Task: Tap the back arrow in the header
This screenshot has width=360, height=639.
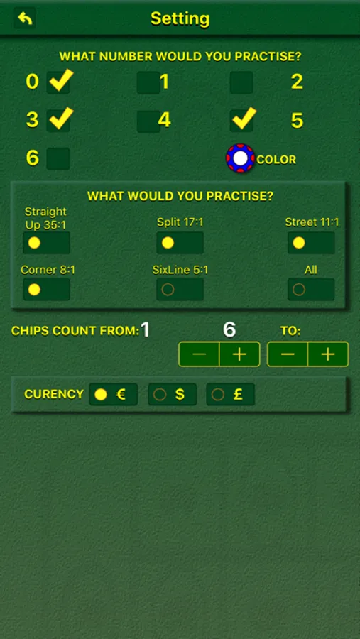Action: tap(25, 18)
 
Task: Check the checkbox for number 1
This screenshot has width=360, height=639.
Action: tap(148, 82)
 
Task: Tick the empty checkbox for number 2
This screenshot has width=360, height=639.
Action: tap(241, 82)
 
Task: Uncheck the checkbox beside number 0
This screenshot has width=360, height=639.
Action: tap(58, 82)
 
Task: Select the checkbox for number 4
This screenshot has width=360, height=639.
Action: tap(148, 121)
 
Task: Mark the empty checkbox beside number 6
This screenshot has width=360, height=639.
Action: tap(58, 159)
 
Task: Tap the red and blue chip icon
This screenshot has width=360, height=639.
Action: tap(241, 158)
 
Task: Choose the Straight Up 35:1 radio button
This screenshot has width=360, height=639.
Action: tap(46, 243)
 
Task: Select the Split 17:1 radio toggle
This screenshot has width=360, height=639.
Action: tap(180, 243)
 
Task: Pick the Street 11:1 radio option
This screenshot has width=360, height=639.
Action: tap(311, 243)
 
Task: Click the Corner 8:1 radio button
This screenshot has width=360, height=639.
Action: tap(46, 290)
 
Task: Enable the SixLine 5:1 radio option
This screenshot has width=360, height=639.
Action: tap(180, 290)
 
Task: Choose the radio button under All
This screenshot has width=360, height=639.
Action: tap(311, 290)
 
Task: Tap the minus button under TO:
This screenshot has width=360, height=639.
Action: tap(288, 354)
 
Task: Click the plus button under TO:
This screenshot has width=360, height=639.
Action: tap(328, 354)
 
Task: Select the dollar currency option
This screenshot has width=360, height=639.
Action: tap(173, 395)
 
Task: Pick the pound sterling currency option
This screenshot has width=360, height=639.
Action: tap(230, 395)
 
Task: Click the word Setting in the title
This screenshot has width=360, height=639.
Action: tap(180, 18)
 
